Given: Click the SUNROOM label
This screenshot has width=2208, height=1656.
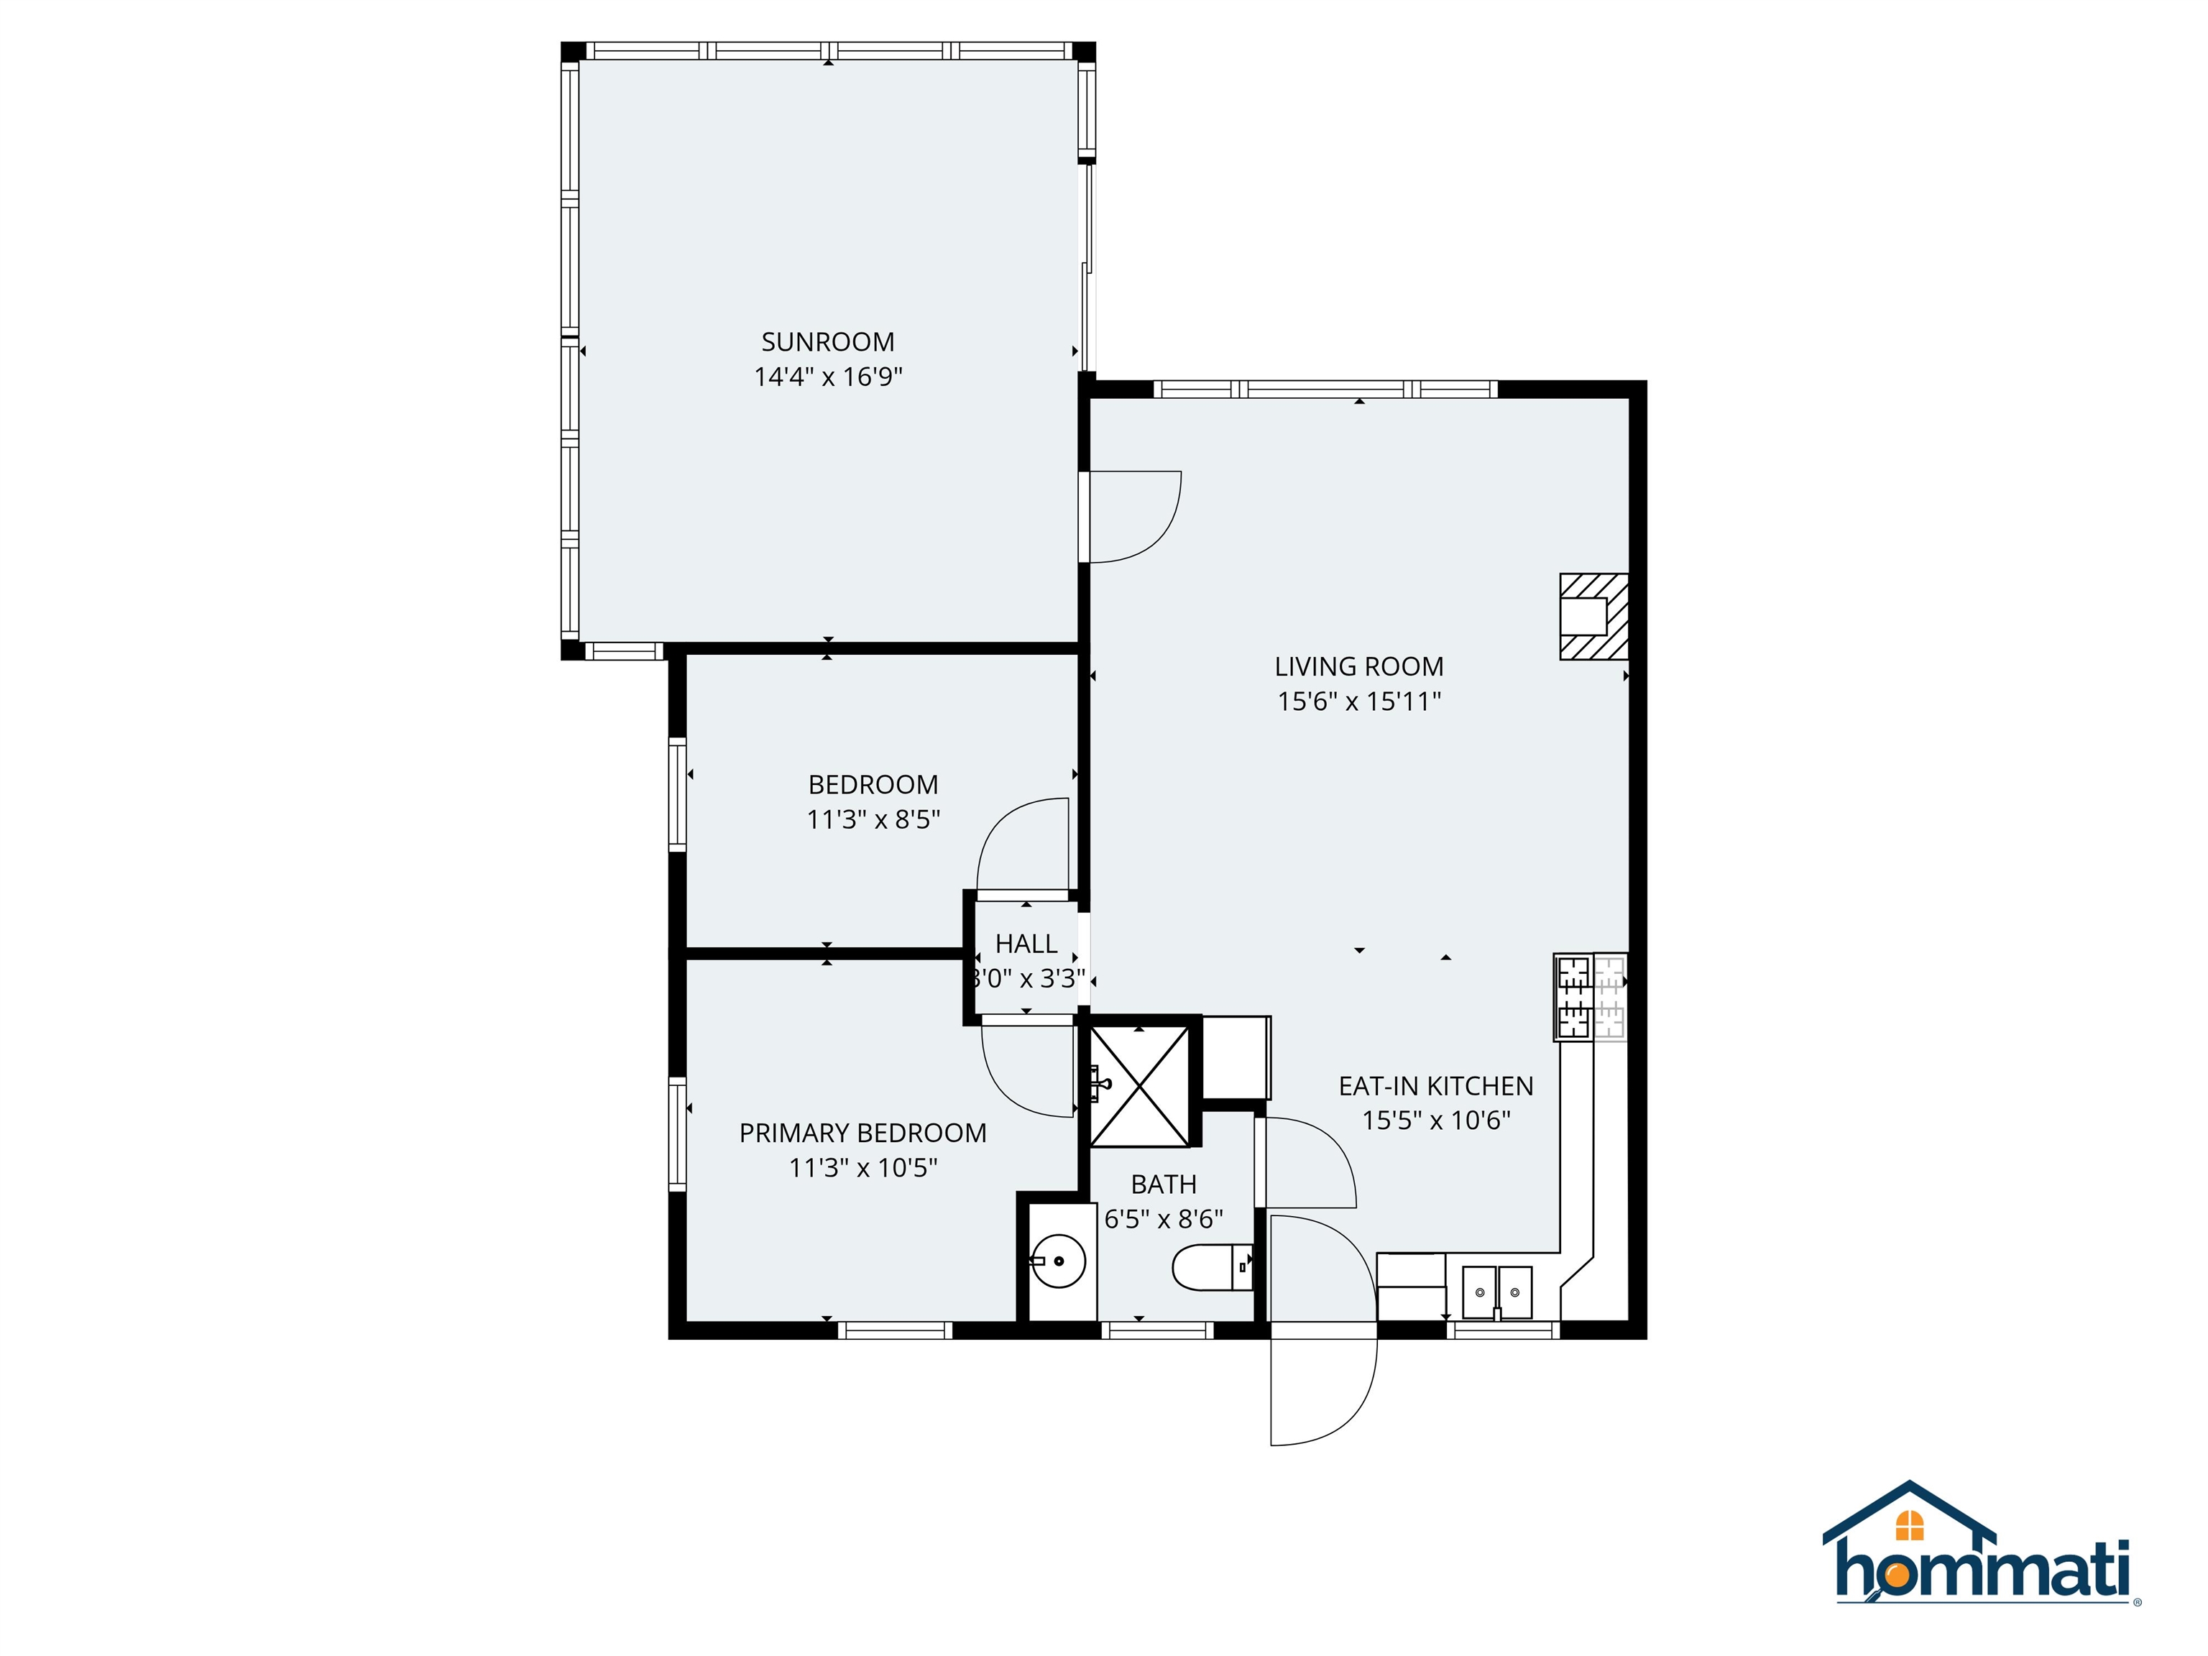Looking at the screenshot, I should point(827,342).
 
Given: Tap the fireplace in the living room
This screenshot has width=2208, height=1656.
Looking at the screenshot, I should point(1593,616).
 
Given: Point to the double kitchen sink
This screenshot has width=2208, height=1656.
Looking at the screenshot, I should point(1496,1292).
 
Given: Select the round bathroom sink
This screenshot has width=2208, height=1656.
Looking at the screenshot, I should point(1057,1261).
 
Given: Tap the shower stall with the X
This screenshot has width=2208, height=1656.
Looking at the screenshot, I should point(1139,1086).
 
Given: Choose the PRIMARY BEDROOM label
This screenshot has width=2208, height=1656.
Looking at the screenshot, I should point(862,1133).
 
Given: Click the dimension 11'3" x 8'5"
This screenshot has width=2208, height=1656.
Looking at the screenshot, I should point(873,819).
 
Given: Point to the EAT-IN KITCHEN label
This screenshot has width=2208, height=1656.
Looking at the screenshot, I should point(1435,1086).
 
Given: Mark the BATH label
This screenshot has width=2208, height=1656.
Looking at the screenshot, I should point(1163,1184).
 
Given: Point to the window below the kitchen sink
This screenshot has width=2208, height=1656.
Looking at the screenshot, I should point(1502,1330).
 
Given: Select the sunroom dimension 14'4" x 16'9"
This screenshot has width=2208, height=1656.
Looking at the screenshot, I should point(827,377).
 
